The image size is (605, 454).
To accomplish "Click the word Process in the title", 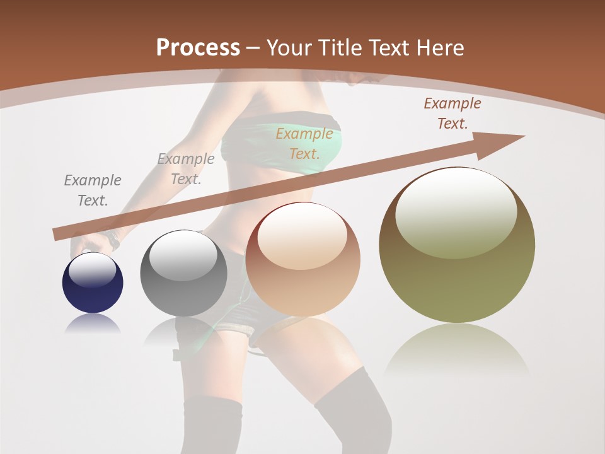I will coord(198,48).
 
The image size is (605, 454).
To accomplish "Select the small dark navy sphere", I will coord(93,282).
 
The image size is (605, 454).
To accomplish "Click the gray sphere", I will coord(183,274).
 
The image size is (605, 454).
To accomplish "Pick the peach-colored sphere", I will coord(302,259).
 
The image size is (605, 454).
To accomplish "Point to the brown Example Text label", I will coord(452,113).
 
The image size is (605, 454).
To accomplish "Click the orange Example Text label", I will coord(304,143).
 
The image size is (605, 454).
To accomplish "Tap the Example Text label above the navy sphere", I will coord(92,190).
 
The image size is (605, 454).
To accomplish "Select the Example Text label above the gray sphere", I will coord(185,168).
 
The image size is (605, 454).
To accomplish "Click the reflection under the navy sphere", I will coord(93,324).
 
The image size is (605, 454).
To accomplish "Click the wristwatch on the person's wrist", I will coord(113,240).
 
